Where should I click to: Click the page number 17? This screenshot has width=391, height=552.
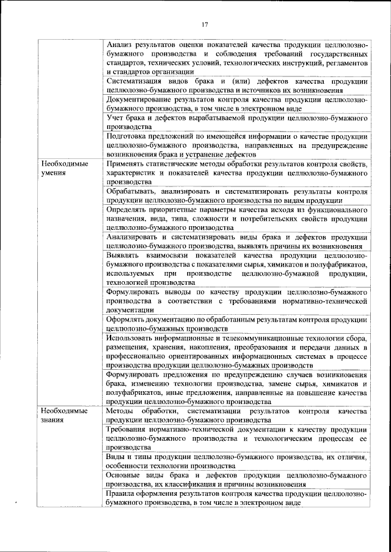205,24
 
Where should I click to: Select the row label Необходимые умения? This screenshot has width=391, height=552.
64,169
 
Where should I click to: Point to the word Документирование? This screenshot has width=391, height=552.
140,99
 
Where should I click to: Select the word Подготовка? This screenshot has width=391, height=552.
128,136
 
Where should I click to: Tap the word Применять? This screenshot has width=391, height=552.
127,164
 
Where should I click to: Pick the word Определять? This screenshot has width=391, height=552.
128,208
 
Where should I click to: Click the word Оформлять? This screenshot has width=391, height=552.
128,319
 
